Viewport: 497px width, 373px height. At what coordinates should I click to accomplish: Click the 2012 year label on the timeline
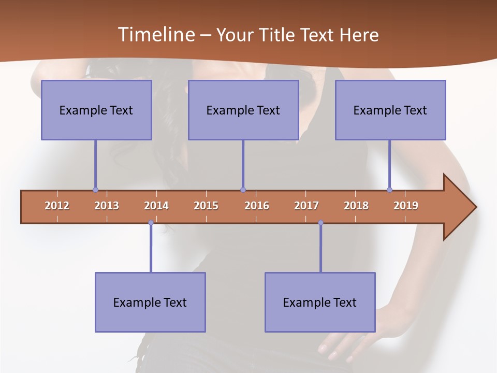click(57, 206)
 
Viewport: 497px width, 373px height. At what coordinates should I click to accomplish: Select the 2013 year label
click(107, 206)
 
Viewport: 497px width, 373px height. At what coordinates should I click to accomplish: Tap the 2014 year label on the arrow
click(156, 206)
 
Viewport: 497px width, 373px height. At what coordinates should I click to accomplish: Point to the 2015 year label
click(206, 206)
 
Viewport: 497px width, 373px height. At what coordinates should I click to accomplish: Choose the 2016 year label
click(257, 206)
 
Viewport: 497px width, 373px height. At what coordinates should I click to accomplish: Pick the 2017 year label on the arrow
click(306, 206)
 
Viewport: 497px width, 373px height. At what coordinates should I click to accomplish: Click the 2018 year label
click(356, 206)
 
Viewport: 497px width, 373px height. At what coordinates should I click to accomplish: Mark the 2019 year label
click(406, 206)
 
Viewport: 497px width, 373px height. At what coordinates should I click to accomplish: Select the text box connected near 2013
click(96, 110)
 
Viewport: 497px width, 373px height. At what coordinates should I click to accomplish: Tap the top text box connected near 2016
click(243, 110)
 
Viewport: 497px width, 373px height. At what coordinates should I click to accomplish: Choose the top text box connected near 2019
click(390, 110)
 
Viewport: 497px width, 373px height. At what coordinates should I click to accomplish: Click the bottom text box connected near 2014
click(150, 302)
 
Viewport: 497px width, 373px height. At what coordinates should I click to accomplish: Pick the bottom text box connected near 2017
click(320, 302)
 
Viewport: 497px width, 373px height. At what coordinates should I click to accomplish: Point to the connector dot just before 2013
click(95, 190)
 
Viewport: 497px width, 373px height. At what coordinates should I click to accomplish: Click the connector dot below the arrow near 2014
click(151, 223)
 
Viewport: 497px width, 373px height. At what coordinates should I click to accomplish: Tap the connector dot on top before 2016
click(243, 190)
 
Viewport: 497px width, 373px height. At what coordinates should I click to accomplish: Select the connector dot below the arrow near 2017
click(320, 223)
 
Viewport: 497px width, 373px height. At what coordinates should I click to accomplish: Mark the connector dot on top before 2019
click(389, 190)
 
